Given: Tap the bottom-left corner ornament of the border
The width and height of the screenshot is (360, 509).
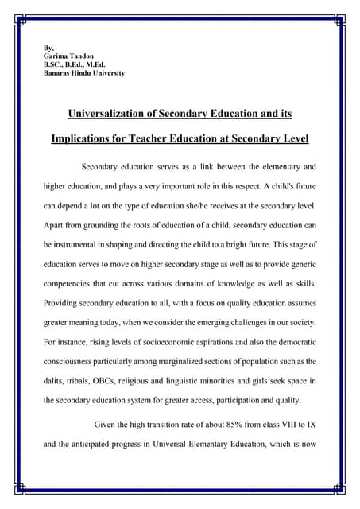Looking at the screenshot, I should coord(22,488).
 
